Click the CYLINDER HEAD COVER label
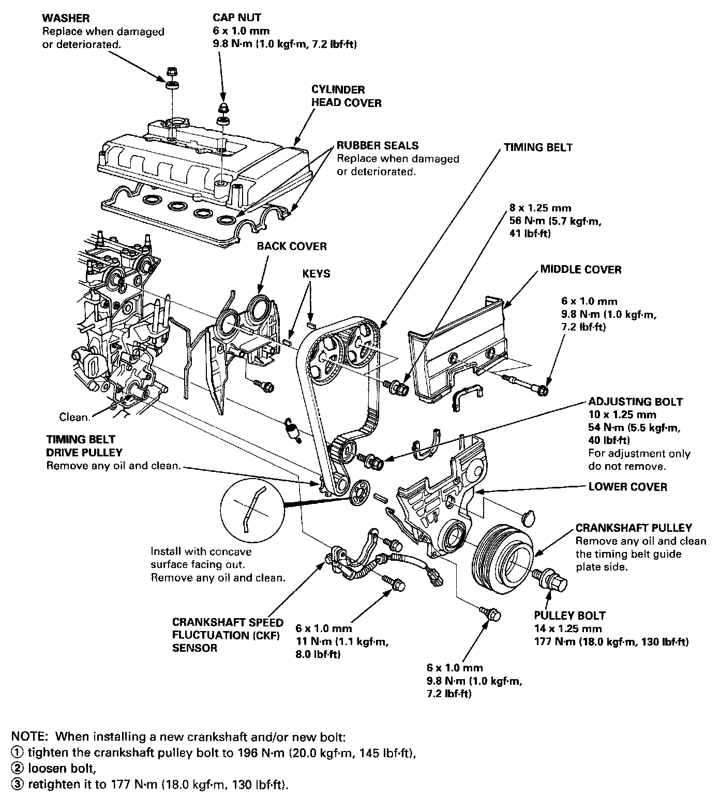tap(346, 96)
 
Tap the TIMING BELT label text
tap(538, 147)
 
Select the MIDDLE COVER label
tap(580, 269)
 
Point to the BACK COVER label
tap(292, 246)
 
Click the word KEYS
tap(316, 273)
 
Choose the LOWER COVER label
tap(627, 486)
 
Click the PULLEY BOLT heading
tap(569, 616)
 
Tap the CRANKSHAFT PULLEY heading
tap(634, 528)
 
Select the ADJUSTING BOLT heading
tap(635, 402)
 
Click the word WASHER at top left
tap(66, 18)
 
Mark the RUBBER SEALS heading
tap(378, 145)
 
